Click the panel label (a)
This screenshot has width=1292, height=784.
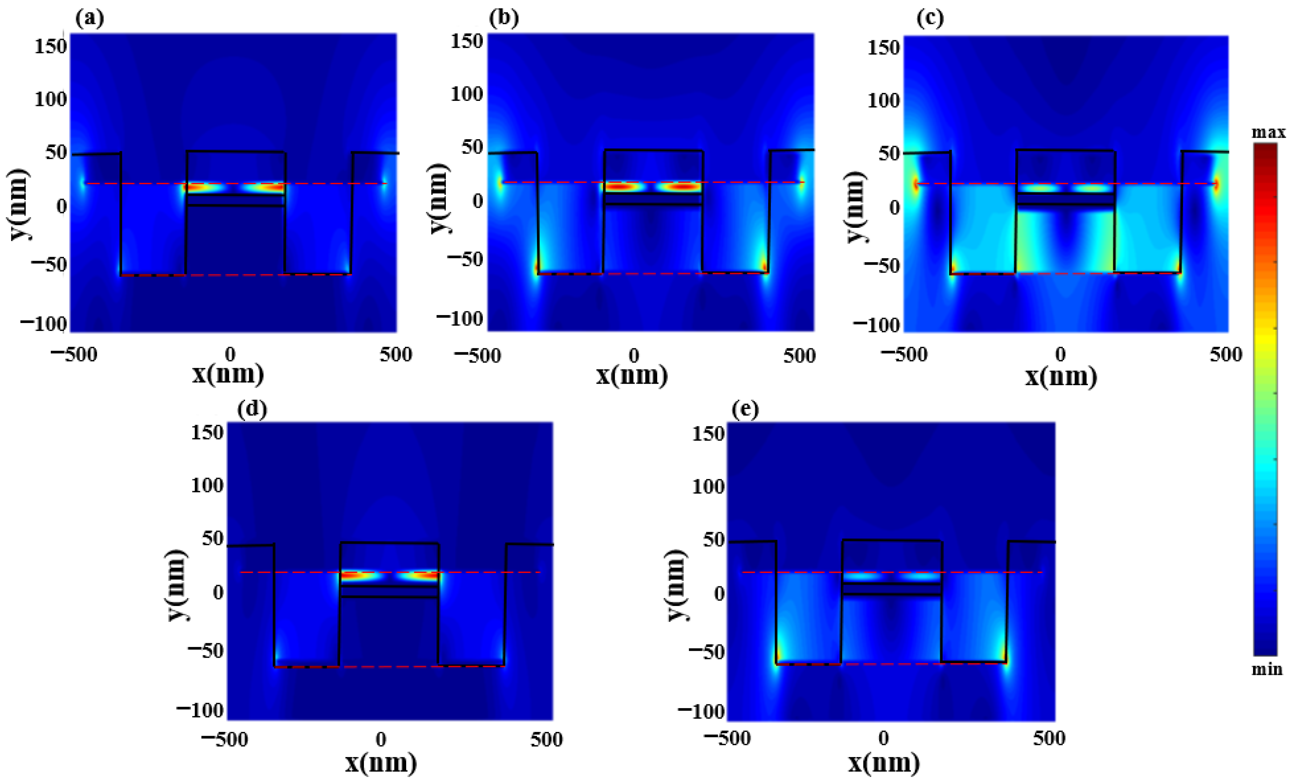[x=90, y=19]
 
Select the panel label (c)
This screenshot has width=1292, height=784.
[x=930, y=19]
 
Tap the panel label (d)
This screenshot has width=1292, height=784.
[x=252, y=409]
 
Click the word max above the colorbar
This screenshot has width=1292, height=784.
[x=1269, y=132]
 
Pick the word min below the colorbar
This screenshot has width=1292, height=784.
[x=1267, y=669]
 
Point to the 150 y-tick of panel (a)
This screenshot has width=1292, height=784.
[x=51, y=47]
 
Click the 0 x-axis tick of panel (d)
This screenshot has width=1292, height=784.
[x=381, y=739]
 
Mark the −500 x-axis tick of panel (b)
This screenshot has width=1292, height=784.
[x=477, y=356]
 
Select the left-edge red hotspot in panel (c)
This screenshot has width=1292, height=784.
[x=916, y=185]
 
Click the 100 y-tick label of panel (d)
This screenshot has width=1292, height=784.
[x=207, y=485]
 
